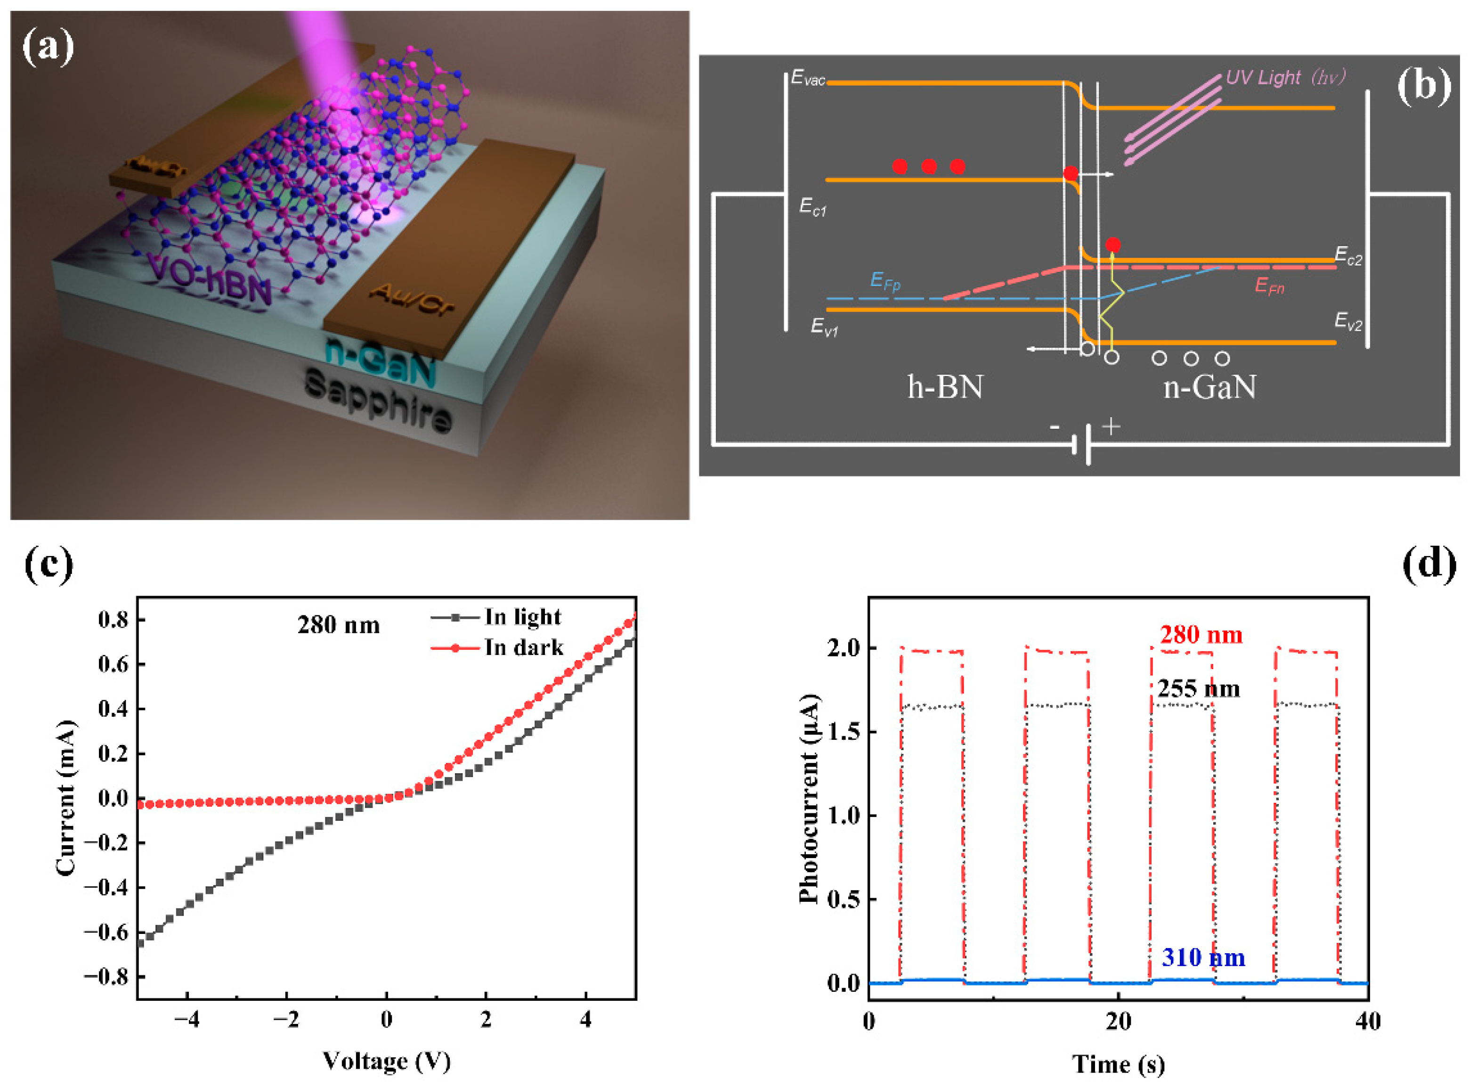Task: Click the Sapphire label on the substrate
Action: click(x=379, y=402)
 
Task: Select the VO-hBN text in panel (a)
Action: click(x=209, y=282)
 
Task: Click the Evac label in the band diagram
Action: click(x=808, y=78)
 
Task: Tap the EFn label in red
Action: click(x=1269, y=286)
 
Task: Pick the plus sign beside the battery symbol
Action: click(x=1111, y=427)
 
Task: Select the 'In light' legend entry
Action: click(x=522, y=617)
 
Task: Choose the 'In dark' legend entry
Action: click(x=523, y=648)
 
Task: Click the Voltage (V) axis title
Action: click(x=386, y=1061)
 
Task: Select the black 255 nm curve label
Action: click(x=1198, y=689)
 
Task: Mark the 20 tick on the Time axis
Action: click(x=1118, y=1022)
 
